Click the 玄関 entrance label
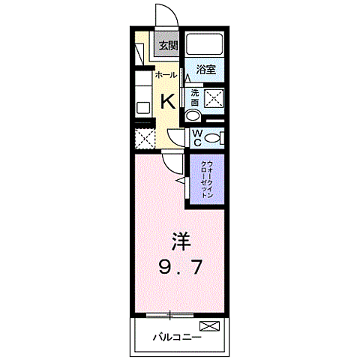pyautogui.click(x=168, y=46)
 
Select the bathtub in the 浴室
pyautogui.click(x=205, y=44)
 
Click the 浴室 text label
pyautogui.click(x=205, y=70)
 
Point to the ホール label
pyautogui.click(x=166, y=76)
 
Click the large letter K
pyautogui.click(x=169, y=101)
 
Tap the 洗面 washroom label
pyautogui.click(x=195, y=97)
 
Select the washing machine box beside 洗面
pyautogui.click(x=214, y=97)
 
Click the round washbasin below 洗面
pyautogui.click(x=193, y=116)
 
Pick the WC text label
pyautogui.click(x=195, y=138)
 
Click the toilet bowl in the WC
pyautogui.click(x=213, y=138)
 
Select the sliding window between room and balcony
pyautogui.click(x=172, y=312)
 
